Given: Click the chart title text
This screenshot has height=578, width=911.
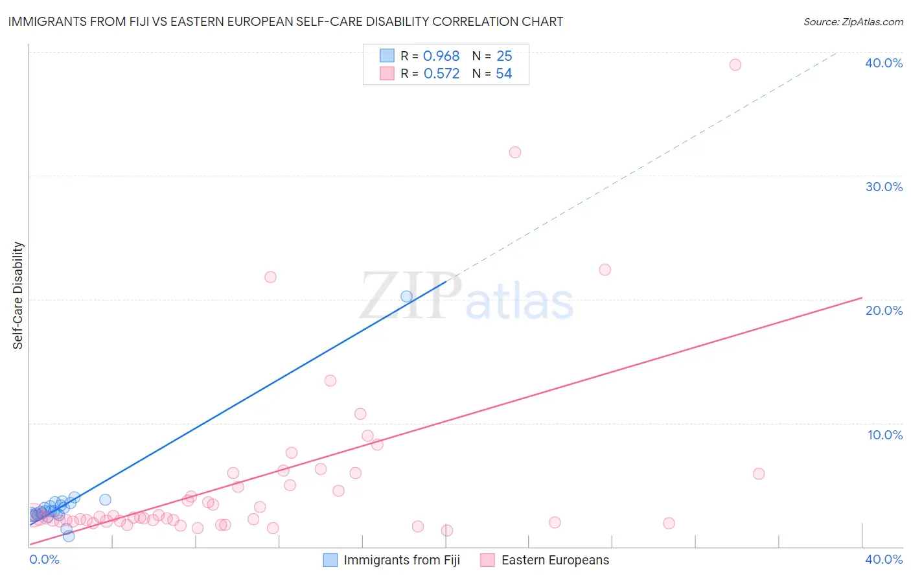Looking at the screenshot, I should tap(286, 21).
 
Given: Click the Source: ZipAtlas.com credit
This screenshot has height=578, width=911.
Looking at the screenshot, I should tap(853, 21).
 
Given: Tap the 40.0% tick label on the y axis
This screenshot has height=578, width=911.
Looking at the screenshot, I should tap(883, 63).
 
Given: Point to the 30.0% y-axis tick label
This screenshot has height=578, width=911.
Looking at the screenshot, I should tap(883, 187).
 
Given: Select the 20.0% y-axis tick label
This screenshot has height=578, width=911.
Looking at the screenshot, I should tap(883, 310).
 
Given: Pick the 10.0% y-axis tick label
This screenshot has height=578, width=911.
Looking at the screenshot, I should tap(884, 435).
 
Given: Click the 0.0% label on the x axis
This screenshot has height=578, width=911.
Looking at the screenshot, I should tap(44, 559).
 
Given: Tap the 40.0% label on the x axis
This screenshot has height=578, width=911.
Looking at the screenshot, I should tap(883, 559).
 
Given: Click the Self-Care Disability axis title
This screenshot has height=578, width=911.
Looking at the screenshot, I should tap(18, 295).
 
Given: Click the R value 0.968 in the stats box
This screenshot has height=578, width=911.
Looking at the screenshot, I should tap(441, 56).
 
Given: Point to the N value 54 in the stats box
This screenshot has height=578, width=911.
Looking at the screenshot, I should tap(503, 74).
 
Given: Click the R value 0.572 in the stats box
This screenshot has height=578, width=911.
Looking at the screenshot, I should tap(441, 74).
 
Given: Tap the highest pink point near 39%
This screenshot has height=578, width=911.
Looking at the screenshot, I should tap(735, 65).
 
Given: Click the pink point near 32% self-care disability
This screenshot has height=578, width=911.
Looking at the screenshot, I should tap(515, 152).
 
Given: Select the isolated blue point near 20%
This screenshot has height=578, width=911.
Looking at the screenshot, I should tap(406, 297).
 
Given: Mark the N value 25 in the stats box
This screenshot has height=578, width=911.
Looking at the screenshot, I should tap(504, 56).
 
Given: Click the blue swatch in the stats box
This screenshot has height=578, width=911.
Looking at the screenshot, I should tap(387, 56).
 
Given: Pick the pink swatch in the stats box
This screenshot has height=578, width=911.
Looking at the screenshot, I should tap(387, 73).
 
